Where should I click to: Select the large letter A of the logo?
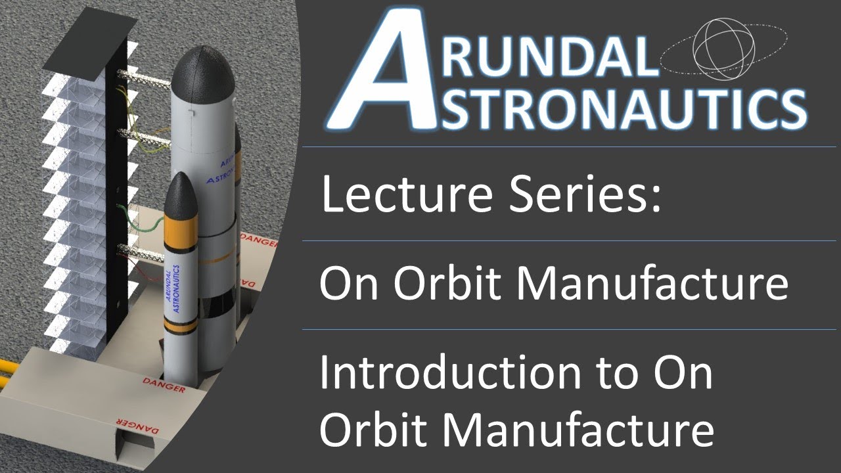pos(381,72)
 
